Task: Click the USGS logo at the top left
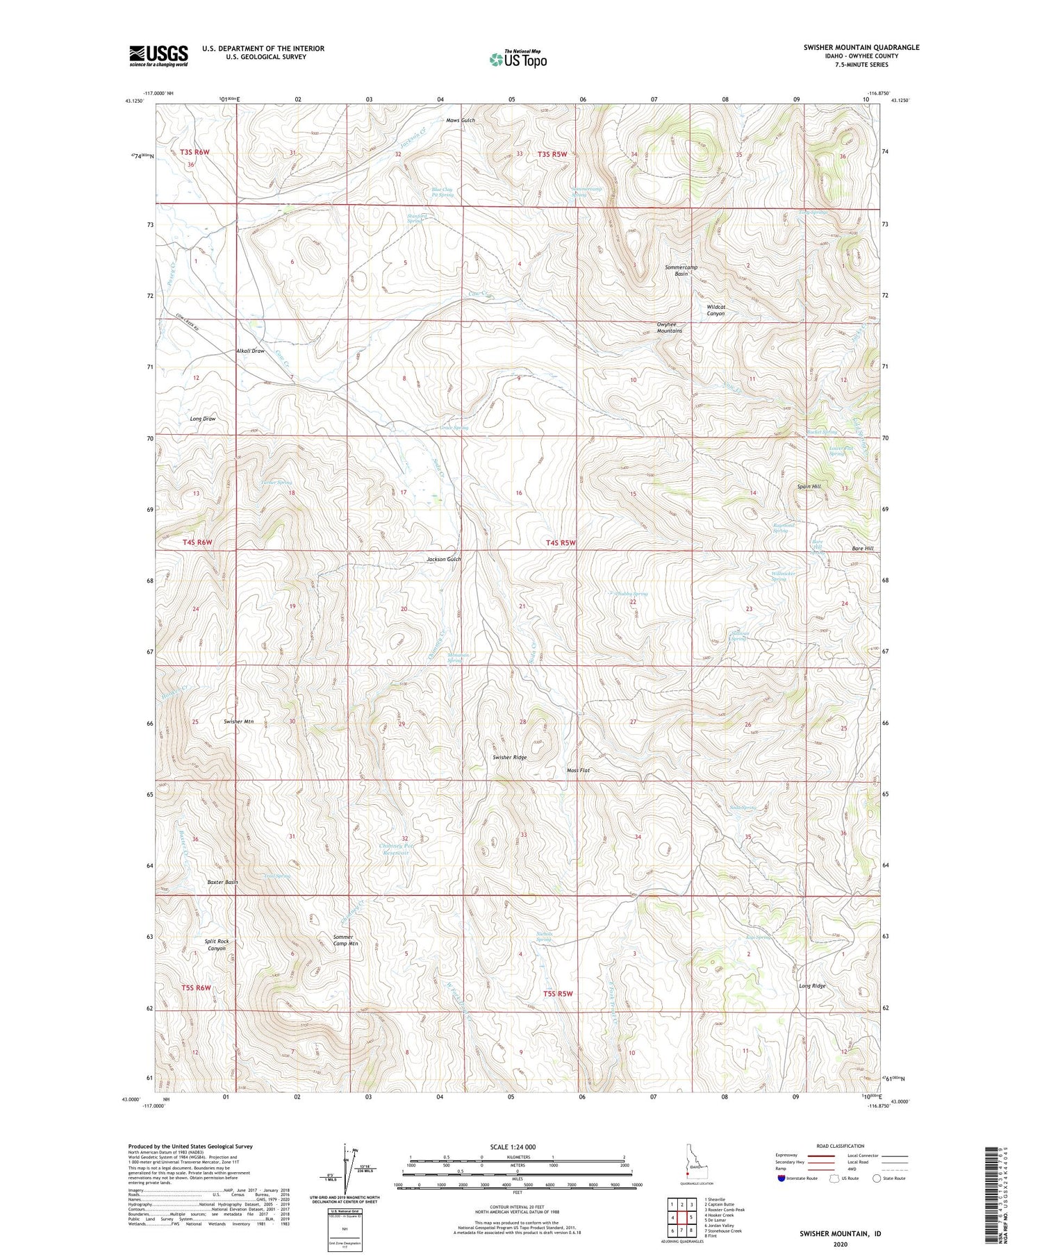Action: click(x=158, y=56)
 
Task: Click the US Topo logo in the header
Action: click(x=518, y=60)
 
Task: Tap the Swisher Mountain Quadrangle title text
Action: click(x=861, y=47)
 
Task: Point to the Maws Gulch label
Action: click(x=460, y=121)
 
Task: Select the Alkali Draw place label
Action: click(x=250, y=351)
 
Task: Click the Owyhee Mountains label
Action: click(x=669, y=328)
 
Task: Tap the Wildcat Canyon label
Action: click(x=716, y=310)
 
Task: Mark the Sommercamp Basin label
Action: click(x=680, y=270)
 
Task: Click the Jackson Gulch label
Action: click(x=443, y=559)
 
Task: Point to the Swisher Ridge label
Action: click(x=509, y=758)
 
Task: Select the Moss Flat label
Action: click(x=578, y=770)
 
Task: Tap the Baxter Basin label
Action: click(x=222, y=883)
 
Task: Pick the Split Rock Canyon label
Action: click(x=216, y=945)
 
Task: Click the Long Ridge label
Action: click(x=812, y=986)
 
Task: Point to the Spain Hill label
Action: click(x=809, y=487)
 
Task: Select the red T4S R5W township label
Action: click(x=561, y=543)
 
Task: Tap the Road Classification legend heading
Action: click(x=841, y=1147)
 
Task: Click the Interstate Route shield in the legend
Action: click(x=782, y=1178)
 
